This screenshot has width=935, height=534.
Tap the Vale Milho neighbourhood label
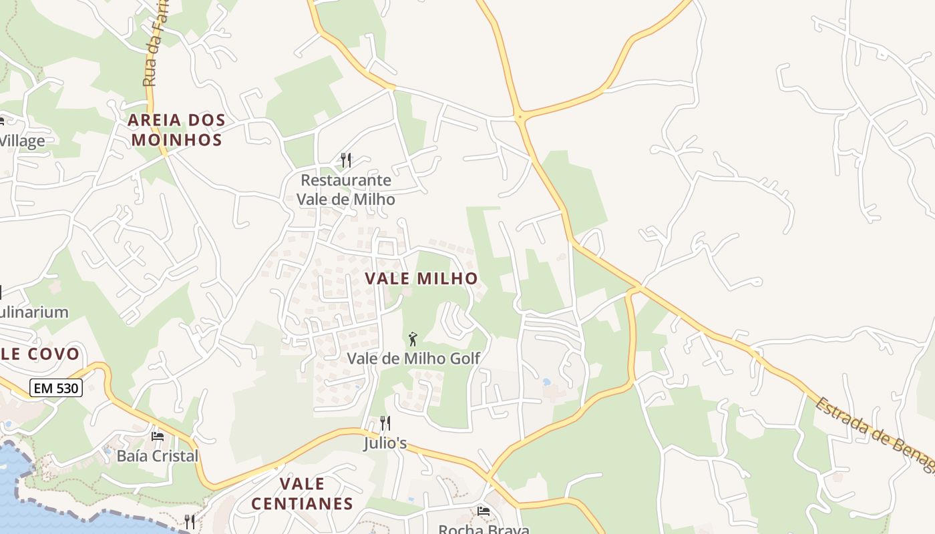pyautogui.click(x=421, y=279)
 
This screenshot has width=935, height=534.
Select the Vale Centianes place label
pyautogui.click(x=302, y=493)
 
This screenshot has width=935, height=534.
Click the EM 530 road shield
pyautogui.click(x=55, y=387)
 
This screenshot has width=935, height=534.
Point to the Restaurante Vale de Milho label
pyautogui.click(x=345, y=190)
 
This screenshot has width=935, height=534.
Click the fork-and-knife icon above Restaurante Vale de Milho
pyautogui.click(x=345, y=160)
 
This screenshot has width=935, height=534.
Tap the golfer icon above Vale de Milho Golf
pyautogui.click(x=413, y=338)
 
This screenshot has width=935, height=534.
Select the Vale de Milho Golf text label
pyautogui.click(x=413, y=358)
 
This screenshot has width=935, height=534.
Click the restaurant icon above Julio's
pyautogui.click(x=385, y=423)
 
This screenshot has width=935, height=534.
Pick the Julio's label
pyautogui.click(x=385, y=443)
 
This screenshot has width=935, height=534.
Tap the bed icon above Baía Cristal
pyautogui.click(x=158, y=437)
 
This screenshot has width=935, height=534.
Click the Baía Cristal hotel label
pyautogui.click(x=158, y=457)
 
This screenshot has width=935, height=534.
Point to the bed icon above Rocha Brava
pyautogui.click(x=484, y=511)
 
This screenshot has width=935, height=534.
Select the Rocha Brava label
pyautogui.click(x=484, y=529)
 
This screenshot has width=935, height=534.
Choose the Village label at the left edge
pyautogui.click(x=23, y=141)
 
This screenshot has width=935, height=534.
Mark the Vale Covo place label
pyautogui.click(x=40, y=354)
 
